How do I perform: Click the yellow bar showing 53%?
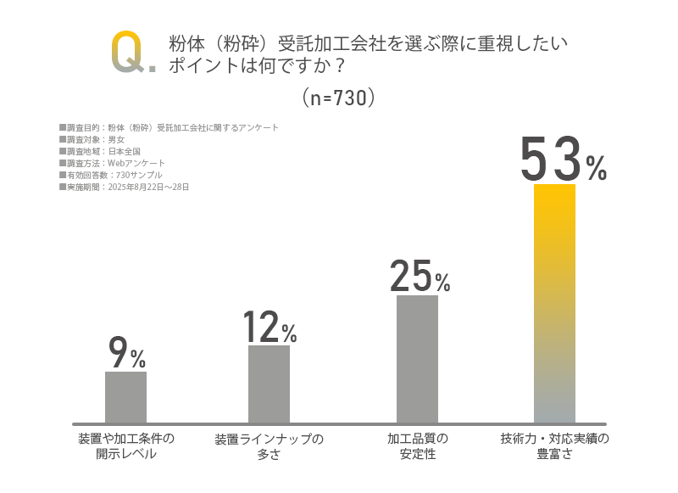554,303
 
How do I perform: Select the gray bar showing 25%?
417,359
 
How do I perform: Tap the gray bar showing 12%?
269,384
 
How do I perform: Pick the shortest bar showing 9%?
125,397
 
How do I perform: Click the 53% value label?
563,160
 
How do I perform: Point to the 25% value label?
420,276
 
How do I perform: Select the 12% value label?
269,327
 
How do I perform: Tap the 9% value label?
126,354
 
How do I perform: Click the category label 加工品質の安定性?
417,446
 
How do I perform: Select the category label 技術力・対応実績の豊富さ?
554,446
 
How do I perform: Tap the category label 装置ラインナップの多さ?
269,446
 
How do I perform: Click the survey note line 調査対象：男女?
92,139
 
